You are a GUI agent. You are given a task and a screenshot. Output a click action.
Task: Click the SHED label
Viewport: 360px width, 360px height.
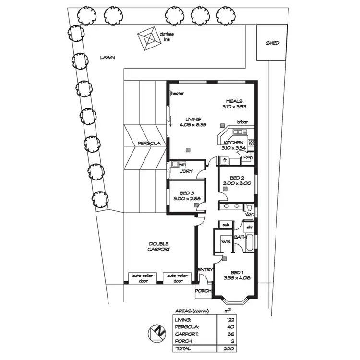point(273,43)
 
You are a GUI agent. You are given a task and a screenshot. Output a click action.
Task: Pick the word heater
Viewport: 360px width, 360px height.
point(178,94)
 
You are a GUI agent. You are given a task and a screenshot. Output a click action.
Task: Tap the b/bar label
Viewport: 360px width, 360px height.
point(236,123)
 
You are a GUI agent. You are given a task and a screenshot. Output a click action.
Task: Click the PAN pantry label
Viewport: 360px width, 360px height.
point(248,157)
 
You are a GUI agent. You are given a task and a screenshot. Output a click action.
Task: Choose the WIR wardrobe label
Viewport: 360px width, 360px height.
point(225,242)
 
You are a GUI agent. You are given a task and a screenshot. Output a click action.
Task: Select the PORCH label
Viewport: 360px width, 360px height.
point(203,291)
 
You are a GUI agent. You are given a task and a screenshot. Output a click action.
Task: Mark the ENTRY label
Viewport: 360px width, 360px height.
point(205,270)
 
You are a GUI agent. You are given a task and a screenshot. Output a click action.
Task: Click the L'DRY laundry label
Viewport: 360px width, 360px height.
point(186,171)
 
